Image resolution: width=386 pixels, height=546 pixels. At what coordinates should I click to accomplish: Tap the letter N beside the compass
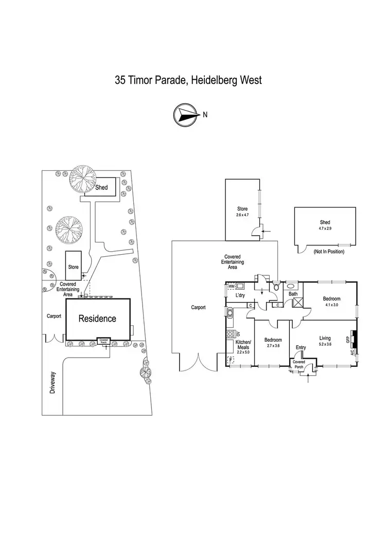205,115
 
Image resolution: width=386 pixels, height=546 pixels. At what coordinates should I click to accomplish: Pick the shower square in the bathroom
297,303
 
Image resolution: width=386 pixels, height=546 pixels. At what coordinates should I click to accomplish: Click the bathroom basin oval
291,286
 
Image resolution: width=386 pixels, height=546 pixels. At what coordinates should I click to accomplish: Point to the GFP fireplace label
348,339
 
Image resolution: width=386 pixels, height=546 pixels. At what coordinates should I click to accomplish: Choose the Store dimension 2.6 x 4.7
242,215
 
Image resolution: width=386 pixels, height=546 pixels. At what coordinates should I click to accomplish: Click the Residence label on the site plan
97,319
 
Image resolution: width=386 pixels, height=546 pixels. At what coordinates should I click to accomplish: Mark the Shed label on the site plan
101,187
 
